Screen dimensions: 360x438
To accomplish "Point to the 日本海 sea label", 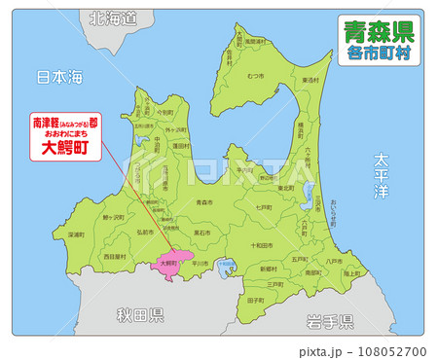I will [58, 76].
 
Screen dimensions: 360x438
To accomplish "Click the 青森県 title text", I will [379, 32].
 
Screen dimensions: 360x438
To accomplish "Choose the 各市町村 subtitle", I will [379, 54].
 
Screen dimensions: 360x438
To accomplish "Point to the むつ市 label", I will [257, 75].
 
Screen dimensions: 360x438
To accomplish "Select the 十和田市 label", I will [264, 246].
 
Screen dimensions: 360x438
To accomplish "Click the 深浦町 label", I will [75, 234].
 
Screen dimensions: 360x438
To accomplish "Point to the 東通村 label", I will [310, 80].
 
